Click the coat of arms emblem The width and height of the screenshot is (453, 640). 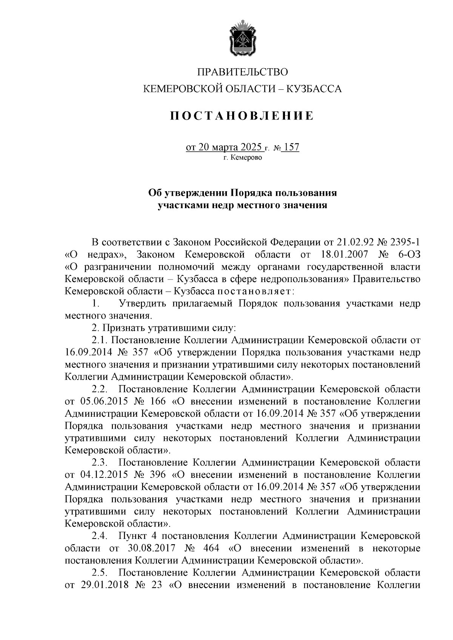tap(242, 39)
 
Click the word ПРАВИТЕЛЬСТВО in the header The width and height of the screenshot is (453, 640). tap(243, 72)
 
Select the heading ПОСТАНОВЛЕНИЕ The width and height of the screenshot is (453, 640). tap(242, 116)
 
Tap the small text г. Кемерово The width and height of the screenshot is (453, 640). tap(242, 157)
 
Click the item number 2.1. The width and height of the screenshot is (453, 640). tap(100, 340)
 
